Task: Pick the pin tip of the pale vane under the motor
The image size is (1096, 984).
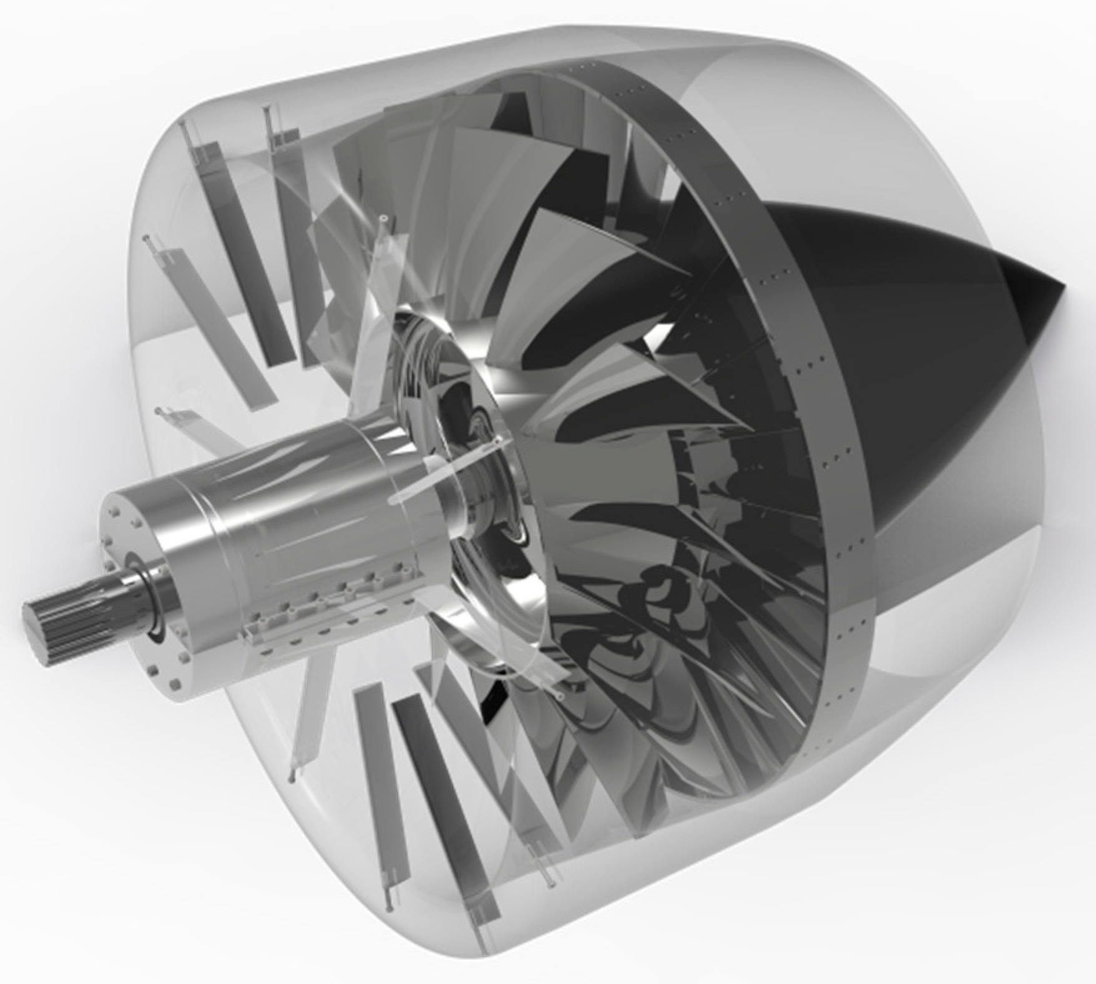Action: point(291,778)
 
